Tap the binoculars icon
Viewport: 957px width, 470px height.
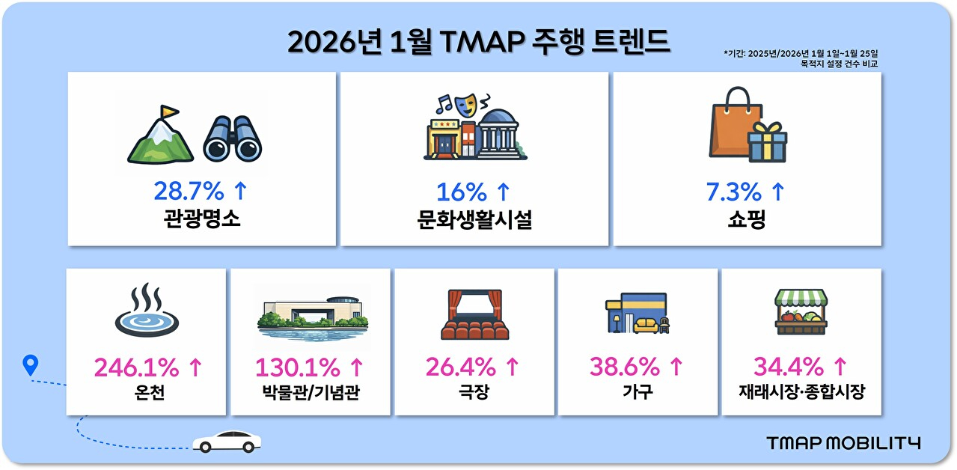coord(232,138)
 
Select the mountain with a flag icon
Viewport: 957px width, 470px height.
coord(159,135)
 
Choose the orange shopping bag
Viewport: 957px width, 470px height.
coord(731,122)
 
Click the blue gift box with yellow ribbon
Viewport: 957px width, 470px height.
coord(768,142)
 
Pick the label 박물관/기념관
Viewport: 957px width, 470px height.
coord(311,391)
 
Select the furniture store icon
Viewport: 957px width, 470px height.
coord(638,313)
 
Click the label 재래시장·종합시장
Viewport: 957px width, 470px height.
coord(801,391)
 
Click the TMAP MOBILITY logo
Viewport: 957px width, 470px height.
coord(843,443)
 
